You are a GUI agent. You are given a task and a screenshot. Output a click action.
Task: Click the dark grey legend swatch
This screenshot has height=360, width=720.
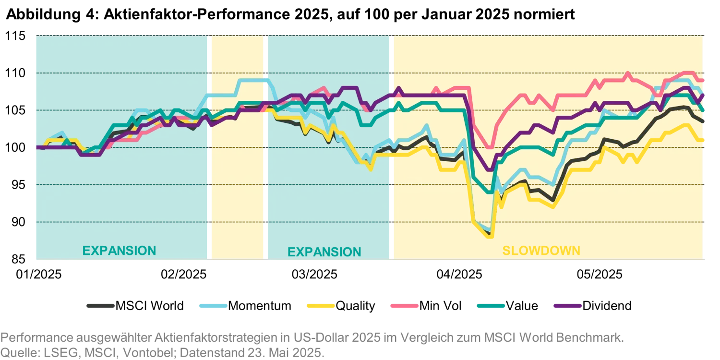point(100,307)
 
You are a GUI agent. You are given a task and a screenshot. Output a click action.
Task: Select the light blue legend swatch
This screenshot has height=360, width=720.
point(212,307)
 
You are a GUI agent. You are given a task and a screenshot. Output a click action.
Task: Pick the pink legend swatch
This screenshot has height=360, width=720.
point(404,307)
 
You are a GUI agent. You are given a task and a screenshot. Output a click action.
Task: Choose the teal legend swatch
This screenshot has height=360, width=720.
point(491,307)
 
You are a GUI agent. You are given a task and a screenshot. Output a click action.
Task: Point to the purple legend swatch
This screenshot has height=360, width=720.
point(567,307)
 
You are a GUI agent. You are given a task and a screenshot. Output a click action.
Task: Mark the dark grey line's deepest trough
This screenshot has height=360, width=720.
point(489,233)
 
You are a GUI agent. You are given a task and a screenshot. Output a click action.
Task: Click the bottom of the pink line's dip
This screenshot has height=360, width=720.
point(490,148)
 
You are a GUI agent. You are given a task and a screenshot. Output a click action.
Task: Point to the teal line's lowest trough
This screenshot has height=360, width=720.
point(490,192)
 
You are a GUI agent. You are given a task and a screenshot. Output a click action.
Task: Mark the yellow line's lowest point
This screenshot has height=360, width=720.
point(371,170)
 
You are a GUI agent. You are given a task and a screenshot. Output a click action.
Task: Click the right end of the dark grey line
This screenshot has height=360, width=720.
point(704,123)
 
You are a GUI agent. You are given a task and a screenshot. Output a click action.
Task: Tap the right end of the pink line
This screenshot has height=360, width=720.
point(704,80)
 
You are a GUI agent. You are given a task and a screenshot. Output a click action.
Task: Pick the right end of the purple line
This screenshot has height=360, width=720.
point(704,96)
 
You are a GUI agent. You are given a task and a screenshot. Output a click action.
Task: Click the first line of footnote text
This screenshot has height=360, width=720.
point(312,337)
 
